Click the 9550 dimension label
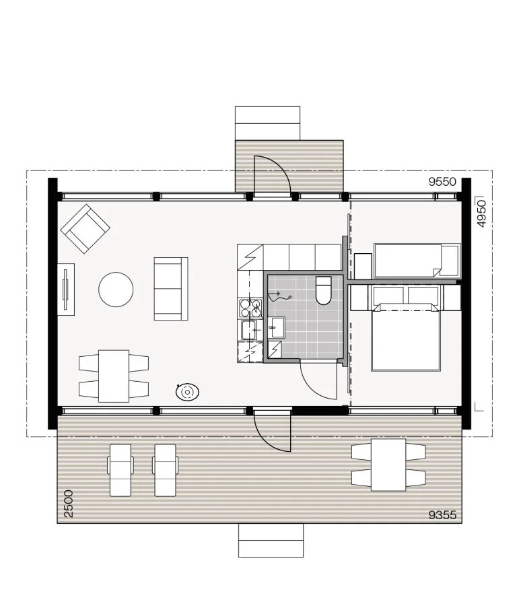coord(442,182)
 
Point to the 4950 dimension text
coord(481,213)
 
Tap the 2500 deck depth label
coord(69,504)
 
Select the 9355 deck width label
coord(442,515)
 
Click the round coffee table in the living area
coord(116,290)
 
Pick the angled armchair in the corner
coord(85,229)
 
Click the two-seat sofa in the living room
coord(171,289)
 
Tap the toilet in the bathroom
coord(324,291)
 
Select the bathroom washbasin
coord(276,328)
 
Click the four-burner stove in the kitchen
coord(250,308)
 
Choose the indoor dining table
coord(114,376)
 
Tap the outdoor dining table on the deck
coord(388,465)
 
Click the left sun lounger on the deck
coord(120,470)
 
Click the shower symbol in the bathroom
coord(278,296)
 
